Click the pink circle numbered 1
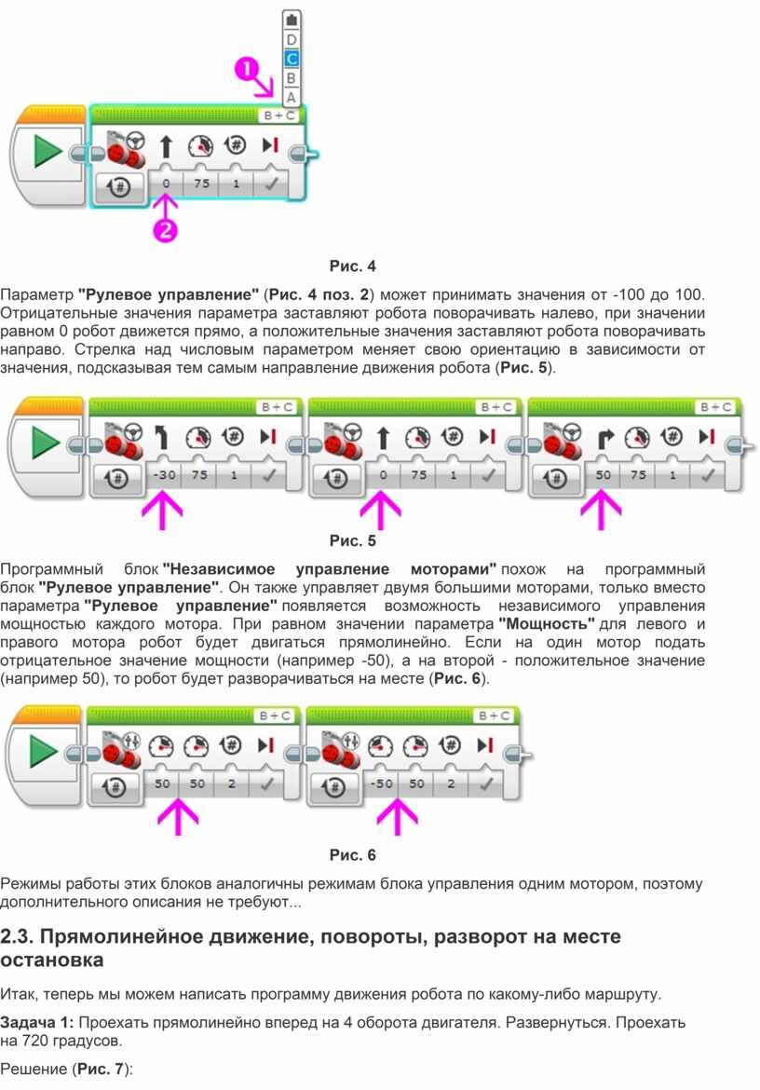pyautogui.click(x=247, y=70)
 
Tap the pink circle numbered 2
pyautogui.click(x=166, y=229)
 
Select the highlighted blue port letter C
pyautogui.click(x=292, y=59)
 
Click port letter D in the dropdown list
pyautogui.click(x=292, y=40)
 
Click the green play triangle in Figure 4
pyautogui.click(x=47, y=149)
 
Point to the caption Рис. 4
pyautogui.click(x=352, y=266)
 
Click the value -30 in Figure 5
pyautogui.click(x=164, y=475)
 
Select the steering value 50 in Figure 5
pyautogui.click(x=603, y=475)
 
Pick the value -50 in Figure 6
pyautogui.click(x=381, y=783)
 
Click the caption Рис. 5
pyautogui.click(x=352, y=540)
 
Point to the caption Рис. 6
pyautogui.click(x=352, y=854)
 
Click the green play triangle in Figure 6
pyautogui.click(x=43, y=751)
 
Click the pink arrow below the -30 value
pyautogui.click(x=163, y=511)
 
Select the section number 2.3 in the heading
pyautogui.click(x=17, y=936)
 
